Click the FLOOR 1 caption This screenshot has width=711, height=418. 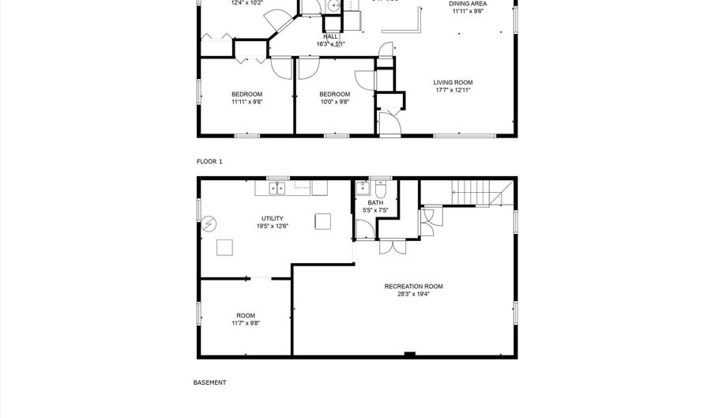[209, 161]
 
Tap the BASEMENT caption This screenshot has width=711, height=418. [209, 382]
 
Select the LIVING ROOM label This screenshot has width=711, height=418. [453, 82]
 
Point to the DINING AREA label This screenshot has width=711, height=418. [468, 4]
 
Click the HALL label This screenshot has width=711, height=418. [330, 36]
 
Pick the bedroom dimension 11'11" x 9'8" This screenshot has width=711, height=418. [246, 101]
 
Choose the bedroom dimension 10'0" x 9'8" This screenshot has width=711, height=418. [335, 101]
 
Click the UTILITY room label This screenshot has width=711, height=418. [273, 218]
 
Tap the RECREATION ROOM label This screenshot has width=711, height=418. [413, 286]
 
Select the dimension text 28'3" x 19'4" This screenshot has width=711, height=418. [413, 294]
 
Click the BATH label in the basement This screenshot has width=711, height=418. [374, 203]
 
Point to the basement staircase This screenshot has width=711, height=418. [472, 191]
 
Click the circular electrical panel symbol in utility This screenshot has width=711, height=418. [209, 224]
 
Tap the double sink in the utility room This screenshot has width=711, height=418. [277, 188]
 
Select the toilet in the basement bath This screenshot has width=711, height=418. [381, 189]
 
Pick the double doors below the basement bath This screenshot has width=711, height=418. [388, 246]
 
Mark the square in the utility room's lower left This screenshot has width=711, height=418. [226, 247]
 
